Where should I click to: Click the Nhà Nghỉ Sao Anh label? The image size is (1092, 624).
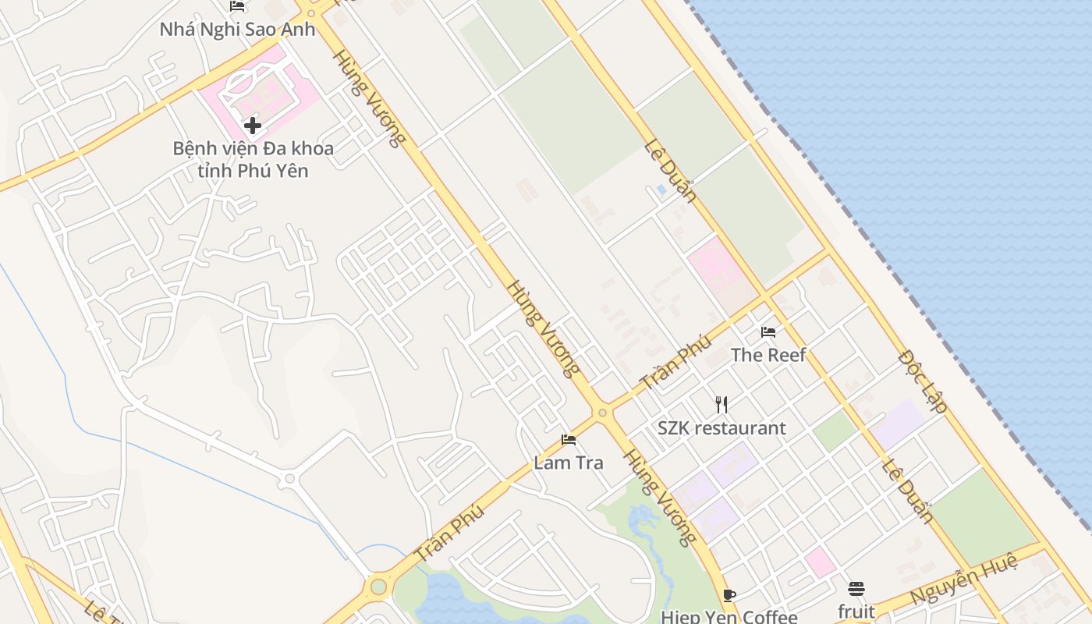[237, 30]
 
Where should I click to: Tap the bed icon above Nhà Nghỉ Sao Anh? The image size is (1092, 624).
[238, 6]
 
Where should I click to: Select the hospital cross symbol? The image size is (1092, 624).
[252, 125]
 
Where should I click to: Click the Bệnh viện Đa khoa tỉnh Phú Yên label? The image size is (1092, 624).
[253, 159]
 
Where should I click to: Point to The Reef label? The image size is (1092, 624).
[768, 355]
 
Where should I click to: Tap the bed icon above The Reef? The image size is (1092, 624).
[768, 332]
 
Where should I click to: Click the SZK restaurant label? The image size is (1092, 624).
[721, 428]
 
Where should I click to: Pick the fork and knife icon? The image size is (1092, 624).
[721, 405]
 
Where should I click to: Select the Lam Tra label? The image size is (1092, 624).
[568, 463]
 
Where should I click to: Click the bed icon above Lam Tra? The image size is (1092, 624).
[568, 440]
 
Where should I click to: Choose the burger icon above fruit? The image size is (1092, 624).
[856, 588]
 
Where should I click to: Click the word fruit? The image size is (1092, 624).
[856, 611]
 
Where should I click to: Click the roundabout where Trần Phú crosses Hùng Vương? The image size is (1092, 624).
[601, 413]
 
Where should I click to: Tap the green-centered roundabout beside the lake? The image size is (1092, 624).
[378, 585]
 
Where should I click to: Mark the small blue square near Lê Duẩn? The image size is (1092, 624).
[661, 189]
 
